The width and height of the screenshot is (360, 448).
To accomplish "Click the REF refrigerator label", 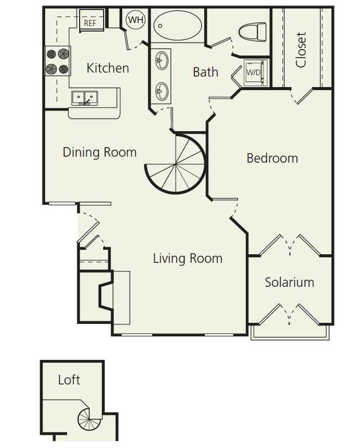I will [90, 23].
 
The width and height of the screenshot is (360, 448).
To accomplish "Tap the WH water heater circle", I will [135, 20].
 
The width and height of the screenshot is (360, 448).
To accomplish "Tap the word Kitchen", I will [109, 69].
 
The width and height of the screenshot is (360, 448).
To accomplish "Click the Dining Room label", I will [99, 152].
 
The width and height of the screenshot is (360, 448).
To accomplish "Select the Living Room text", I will [187, 258].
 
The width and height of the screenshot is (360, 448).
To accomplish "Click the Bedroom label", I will [272, 158].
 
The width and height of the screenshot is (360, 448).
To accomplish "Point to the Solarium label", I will [289, 282].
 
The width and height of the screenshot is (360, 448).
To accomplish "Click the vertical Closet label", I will [301, 49].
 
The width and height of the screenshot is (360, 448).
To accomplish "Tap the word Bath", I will [205, 72].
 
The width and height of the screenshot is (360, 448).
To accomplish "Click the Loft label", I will [69, 380].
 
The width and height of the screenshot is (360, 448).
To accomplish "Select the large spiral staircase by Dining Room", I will [176, 164].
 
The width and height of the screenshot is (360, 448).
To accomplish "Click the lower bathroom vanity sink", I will [161, 89].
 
